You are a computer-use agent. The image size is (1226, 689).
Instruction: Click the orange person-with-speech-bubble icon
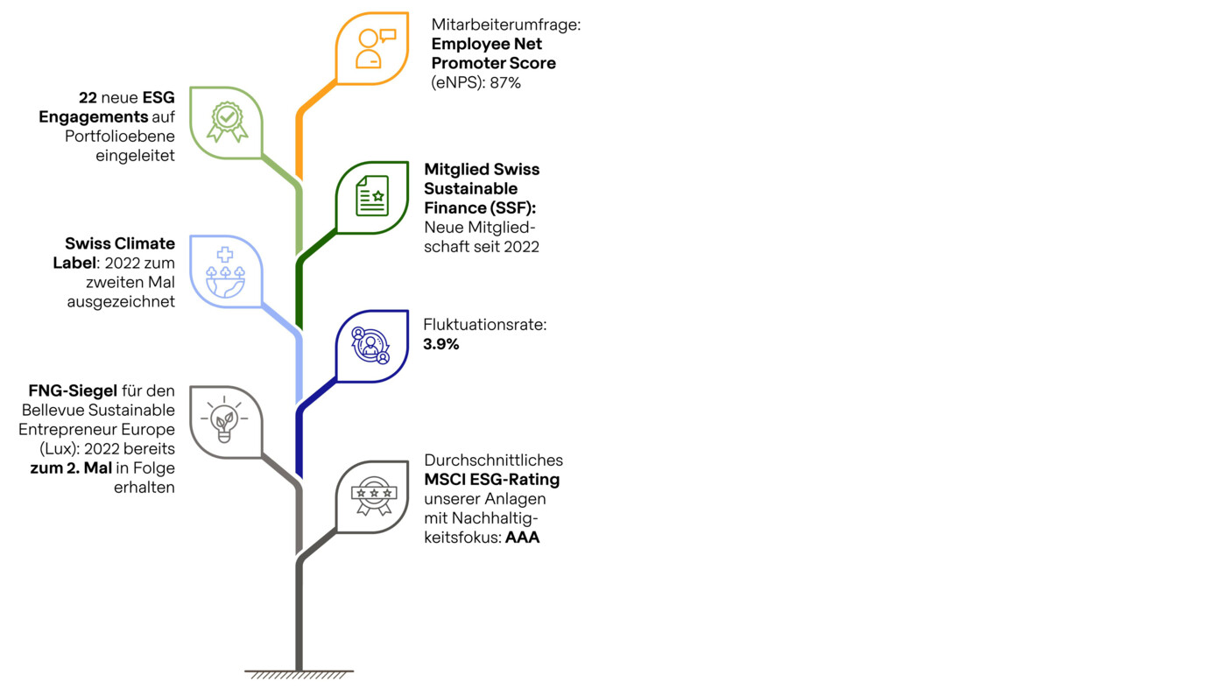tap(375, 49)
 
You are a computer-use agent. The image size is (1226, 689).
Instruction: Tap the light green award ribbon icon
tap(227, 122)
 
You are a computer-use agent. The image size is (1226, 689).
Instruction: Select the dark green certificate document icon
tap(372, 195)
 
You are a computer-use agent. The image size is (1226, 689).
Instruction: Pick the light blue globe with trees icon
tap(225, 272)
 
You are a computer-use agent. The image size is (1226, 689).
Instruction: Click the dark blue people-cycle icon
tap(370, 345)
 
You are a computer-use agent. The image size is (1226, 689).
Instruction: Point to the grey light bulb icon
tap(224, 419)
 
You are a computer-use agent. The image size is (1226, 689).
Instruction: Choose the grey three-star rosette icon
tap(374, 496)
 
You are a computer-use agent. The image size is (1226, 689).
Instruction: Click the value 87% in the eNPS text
tap(506, 82)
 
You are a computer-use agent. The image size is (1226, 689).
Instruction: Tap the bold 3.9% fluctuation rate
tap(441, 344)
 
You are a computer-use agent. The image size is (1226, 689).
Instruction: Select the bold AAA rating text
tap(523, 538)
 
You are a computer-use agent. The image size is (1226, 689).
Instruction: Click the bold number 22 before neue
tap(88, 97)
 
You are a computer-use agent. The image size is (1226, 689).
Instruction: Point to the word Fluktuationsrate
tap(485, 325)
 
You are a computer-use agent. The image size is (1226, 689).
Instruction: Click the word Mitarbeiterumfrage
tap(506, 25)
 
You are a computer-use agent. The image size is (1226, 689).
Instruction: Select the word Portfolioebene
tap(120, 137)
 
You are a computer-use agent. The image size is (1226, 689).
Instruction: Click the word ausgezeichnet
tap(121, 301)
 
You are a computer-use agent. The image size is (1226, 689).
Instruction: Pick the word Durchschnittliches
tap(494, 461)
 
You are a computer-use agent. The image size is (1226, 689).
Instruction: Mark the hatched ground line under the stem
tap(299, 674)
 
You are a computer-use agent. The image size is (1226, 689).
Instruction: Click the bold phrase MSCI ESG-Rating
tap(492, 480)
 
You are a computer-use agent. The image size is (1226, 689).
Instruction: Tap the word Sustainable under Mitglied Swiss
tap(471, 189)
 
